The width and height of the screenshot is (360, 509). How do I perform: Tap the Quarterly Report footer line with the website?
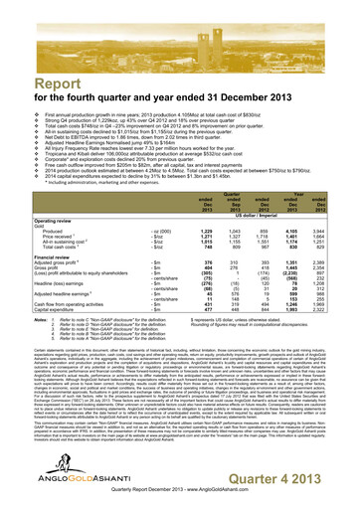179,499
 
